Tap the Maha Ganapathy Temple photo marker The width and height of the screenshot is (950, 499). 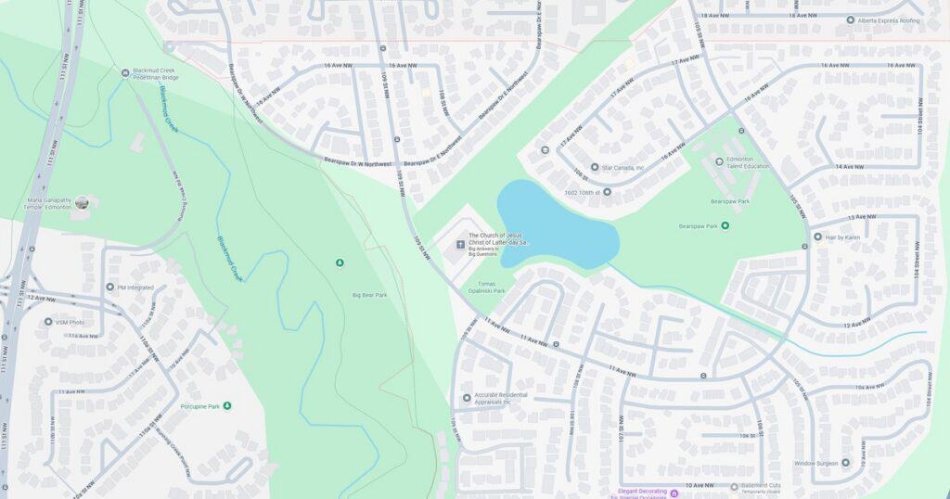point(82,202)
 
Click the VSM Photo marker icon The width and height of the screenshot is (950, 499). point(48,322)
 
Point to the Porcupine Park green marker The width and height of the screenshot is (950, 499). point(227,405)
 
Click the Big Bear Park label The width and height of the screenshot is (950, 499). point(369,295)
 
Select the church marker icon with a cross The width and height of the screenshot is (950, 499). point(458,245)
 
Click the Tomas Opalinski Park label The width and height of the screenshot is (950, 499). point(492,287)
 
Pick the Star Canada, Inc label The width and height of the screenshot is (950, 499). point(623,168)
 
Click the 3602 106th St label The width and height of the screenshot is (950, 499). point(589,192)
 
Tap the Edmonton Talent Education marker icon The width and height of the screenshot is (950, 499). point(719,161)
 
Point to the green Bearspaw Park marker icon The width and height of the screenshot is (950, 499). point(725,225)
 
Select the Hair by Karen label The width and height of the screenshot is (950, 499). point(843,237)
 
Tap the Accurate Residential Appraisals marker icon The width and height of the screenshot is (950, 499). point(467,398)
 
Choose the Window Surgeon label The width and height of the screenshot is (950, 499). point(815,463)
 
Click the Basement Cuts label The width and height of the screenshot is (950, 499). point(766,485)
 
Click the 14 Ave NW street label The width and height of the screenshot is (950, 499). point(850,166)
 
